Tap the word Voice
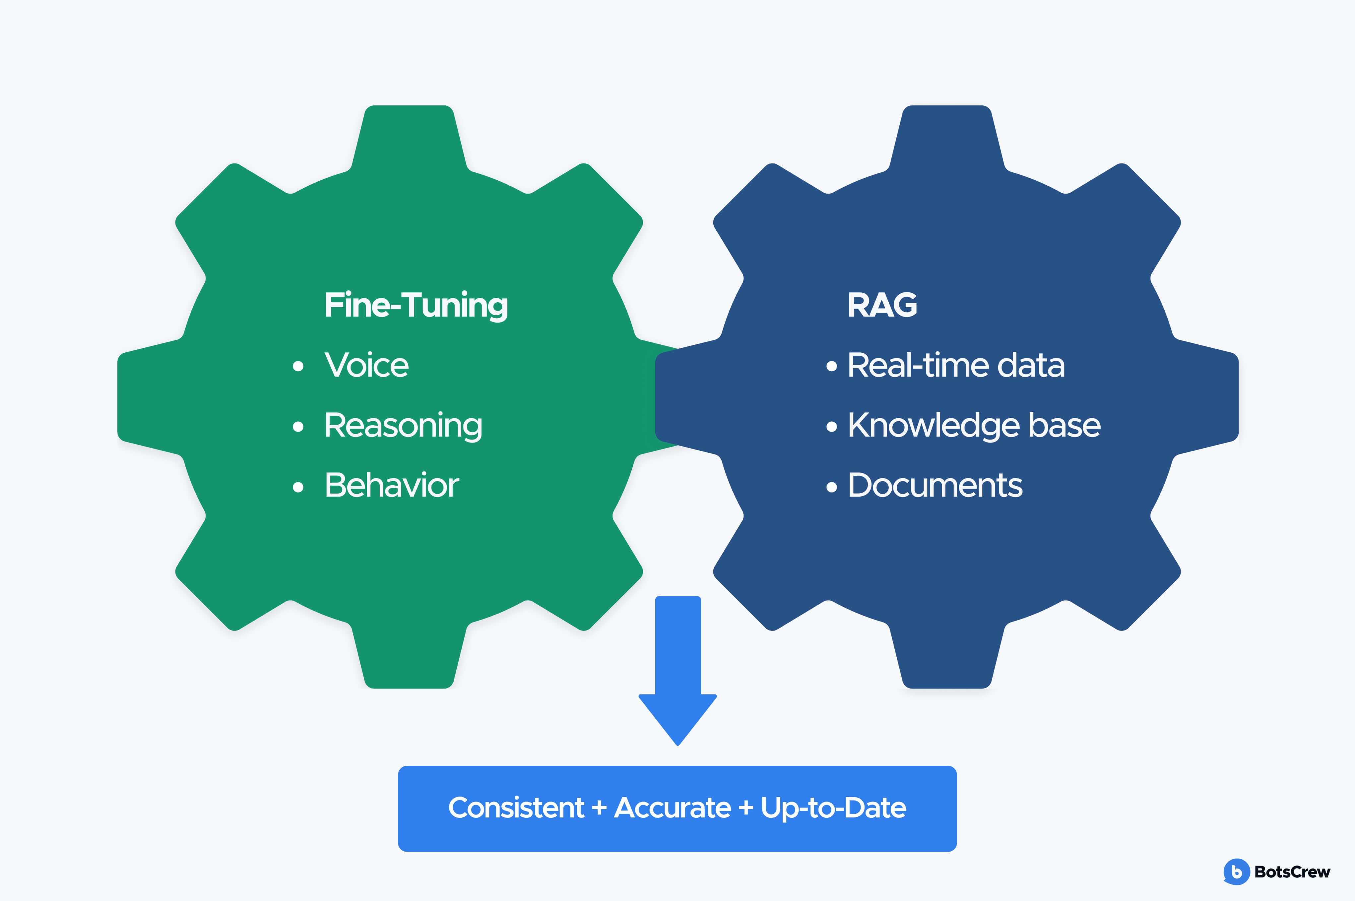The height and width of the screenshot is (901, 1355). pos(366,365)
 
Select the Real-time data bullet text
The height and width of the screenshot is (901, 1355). pos(955,365)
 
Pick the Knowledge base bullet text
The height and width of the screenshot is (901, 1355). pos(974,426)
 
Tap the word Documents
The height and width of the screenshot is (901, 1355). pos(935,486)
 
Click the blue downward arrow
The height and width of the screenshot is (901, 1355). pos(678,672)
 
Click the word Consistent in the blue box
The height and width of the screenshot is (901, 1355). pos(516,808)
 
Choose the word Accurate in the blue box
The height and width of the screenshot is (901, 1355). pos(673,808)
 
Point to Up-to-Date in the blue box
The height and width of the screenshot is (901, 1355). pos(833,808)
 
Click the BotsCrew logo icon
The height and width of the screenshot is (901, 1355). pos(1236,872)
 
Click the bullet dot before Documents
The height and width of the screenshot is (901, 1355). pos(831,487)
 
